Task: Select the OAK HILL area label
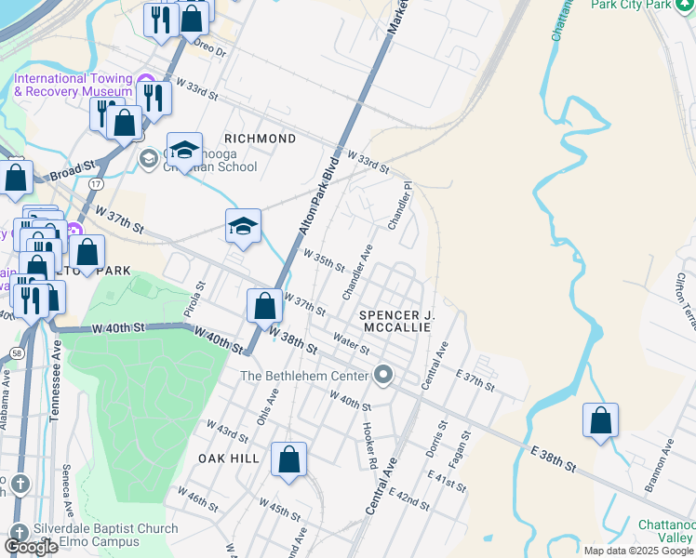click(x=228, y=458)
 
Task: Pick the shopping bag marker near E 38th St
click(x=601, y=419)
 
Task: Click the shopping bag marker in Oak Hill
click(x=289, y=458)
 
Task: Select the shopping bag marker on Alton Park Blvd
click(x=265, y=304)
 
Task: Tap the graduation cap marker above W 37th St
click(x=244, y=226)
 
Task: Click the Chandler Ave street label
click(x=356, y=272)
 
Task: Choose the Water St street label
click(x=352, y=344)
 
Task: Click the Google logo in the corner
click(x=31, y=547)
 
